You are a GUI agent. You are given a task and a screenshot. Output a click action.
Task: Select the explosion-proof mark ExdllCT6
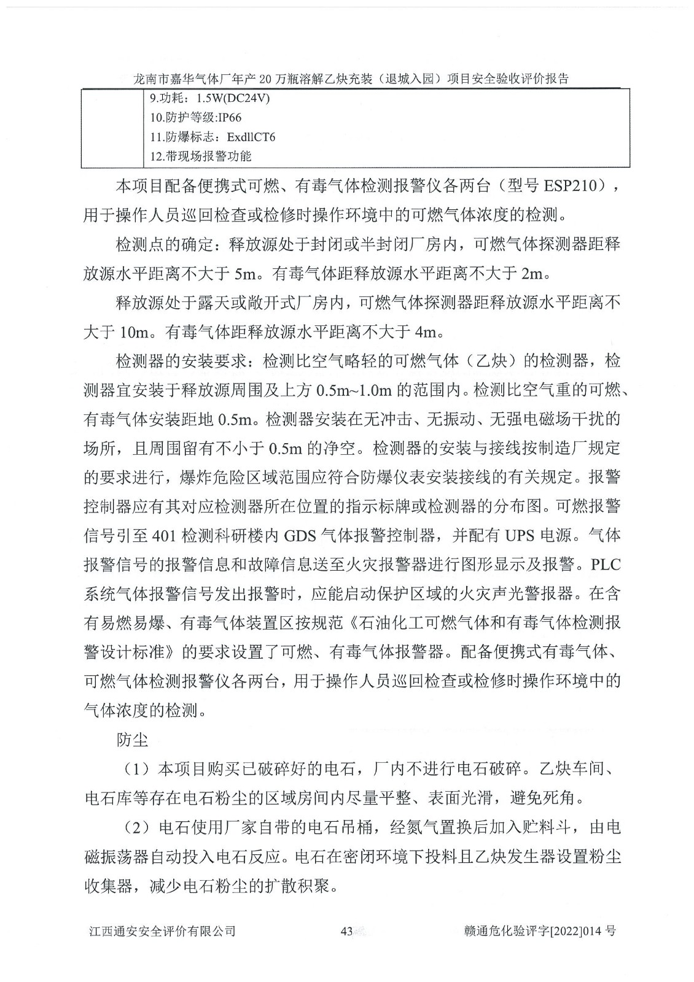251,137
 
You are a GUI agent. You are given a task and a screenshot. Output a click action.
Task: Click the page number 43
346,932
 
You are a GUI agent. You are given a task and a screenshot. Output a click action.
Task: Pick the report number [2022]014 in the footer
578,932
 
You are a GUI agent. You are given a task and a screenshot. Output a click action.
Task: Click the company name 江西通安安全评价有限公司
162,932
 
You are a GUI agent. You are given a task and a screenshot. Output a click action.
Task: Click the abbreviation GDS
300,535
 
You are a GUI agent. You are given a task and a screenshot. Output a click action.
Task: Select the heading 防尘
132,740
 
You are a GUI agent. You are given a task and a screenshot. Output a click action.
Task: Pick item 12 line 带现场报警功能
201,157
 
